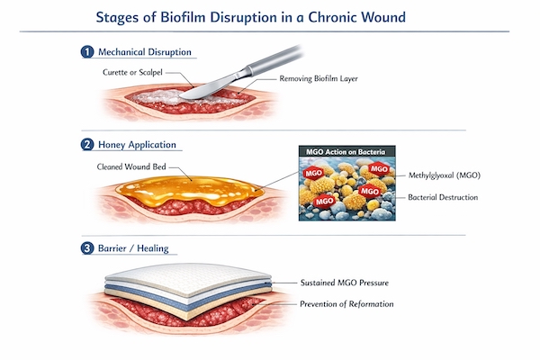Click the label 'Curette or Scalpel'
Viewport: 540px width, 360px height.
[137, 70]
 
